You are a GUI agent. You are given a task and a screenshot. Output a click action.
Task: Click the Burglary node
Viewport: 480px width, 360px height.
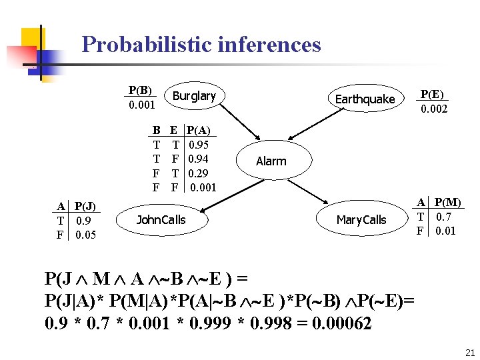tap(194, 97)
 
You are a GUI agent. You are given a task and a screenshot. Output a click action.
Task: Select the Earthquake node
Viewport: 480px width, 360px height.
tap(365, 99)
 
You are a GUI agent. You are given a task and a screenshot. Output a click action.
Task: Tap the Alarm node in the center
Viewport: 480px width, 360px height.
tap(271, 161)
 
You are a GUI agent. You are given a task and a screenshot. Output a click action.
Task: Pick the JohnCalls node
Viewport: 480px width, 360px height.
tap(161, 220)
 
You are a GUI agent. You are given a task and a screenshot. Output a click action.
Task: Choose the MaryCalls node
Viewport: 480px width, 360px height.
tap(361, 220)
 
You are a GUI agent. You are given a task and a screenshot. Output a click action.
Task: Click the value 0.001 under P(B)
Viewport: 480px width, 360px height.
tap(141, 105)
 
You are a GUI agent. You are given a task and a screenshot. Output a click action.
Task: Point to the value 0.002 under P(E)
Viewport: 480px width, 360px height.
tap(433, 109)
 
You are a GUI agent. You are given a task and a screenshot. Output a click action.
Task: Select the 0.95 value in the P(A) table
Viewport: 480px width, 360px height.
tap(199, 145)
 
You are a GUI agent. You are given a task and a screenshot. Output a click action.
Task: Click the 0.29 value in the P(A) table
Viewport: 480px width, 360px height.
tap(199, 173)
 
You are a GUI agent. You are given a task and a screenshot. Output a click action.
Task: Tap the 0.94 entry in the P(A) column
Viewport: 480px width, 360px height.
tap(199, 159)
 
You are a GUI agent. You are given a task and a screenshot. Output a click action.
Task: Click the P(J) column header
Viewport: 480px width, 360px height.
tap(85, 206)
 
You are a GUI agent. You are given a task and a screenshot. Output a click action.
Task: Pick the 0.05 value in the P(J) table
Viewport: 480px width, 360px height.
tap(86, 235)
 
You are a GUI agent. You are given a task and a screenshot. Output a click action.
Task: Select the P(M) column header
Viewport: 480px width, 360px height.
tap(448, 202)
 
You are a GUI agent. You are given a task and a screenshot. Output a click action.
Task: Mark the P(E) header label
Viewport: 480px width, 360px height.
tap(433, 94)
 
